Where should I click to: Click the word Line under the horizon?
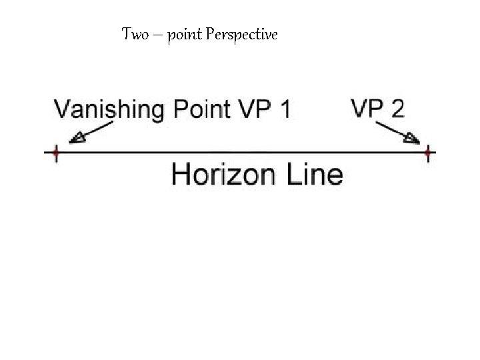[x=315, y=175]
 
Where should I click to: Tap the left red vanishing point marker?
[x=55, y=153]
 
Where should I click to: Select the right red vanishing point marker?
[x=427, y=153]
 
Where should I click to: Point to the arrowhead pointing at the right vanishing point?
[x=412, y=139]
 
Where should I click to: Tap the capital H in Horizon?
[x=181, y=175]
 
